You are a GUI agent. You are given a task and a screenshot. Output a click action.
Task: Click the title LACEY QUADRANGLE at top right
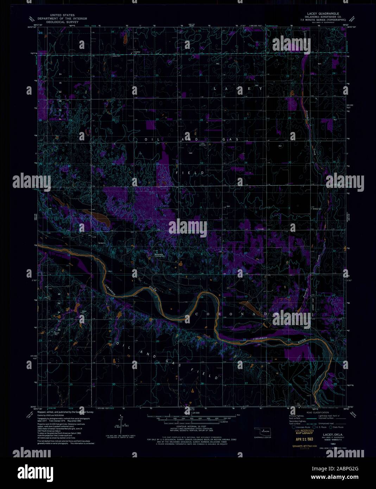tap(320, 16)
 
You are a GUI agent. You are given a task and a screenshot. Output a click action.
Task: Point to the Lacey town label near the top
tap(137, 52)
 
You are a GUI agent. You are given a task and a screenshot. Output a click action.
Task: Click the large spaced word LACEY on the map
tap(238, 89)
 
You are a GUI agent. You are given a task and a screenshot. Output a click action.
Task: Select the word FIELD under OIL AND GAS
tap(190, 173)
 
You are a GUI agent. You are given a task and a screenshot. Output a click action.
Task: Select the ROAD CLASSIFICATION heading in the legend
tap(317, 412)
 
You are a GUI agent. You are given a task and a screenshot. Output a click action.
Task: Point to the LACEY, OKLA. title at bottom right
tap(328, 434)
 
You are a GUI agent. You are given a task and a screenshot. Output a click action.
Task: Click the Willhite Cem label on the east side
tap(317, 209)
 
